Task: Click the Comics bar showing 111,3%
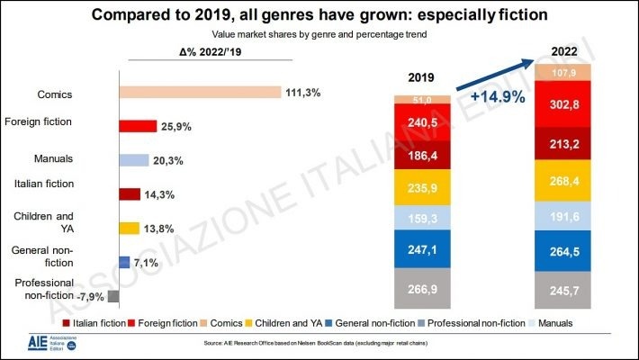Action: pyautogui.click(x=201, y=92)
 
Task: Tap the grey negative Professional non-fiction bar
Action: pyautogui.click(x=113, y=295)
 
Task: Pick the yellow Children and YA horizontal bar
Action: pyautogui.click(x=129, y=228)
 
